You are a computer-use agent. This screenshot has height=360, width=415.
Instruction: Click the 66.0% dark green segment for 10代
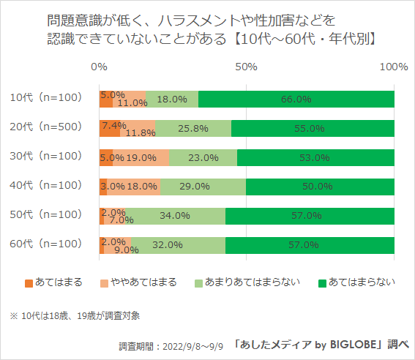point(296,99)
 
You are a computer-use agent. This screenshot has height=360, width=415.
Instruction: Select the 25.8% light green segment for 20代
point(193,128)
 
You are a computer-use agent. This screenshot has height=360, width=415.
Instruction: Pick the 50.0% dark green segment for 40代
point(320,187)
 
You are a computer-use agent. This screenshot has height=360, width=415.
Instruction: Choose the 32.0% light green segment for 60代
point(178,245)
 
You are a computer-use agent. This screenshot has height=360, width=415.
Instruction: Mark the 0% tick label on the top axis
point(99,67)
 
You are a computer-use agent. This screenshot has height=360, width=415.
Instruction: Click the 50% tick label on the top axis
point(247,67)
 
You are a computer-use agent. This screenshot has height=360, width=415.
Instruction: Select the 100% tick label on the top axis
point(394,67)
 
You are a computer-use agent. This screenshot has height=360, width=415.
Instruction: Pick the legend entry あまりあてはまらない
point(248,282)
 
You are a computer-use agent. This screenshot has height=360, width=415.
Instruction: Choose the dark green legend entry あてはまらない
point(354,282)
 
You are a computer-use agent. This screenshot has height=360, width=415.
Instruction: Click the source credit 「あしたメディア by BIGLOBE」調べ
point(321,344)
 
